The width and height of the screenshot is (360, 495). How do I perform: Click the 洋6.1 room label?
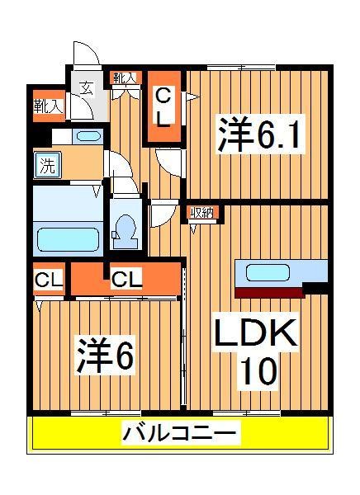[x=259, y=134]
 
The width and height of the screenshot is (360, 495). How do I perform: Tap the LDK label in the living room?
[x=257, y=337]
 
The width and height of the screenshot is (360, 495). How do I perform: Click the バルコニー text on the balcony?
[x=181, y=431]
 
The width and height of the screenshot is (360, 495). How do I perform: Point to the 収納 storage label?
[x=201, y=214]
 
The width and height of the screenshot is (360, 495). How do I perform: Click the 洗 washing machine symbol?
[x=46, y=164]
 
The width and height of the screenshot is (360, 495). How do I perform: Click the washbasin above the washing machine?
[x=86, y=136]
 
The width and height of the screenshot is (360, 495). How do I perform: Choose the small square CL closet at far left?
[x=48, y=280]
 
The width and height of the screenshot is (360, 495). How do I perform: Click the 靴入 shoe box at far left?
[x=47, y=106]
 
